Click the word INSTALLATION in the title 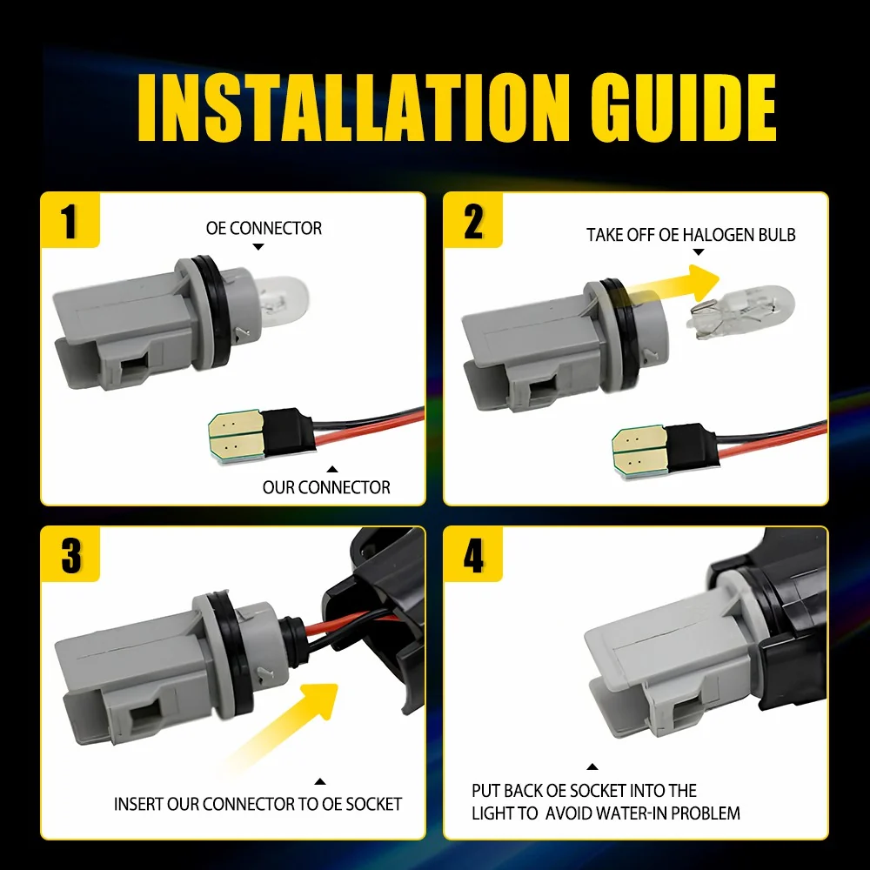pyautogui.click(x=353, y=107)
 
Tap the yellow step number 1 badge pyautogui.click(x=70, y=220)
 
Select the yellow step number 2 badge pyautogui.click(x=472, y=220)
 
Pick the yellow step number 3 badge pyautogui.click(x=70, y=554)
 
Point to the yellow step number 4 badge pyautogui.click(x=472, y=554)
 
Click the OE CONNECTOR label pyautogui.click(x=264, y=228)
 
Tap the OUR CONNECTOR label pyautogui.click(x=326, y=487)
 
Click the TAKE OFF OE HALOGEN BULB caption pyautogui.click(x=691, y=235)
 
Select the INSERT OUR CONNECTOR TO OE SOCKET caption pyautogui.click(x=258, y=804)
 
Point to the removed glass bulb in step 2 pyautogui.click(x=740, y=311)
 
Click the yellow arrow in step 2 pyautogui.click(x=673, y=285)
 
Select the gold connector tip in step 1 pyautogui.click(x=236, y=436)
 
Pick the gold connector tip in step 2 pyautogui.click(x=639, y=451)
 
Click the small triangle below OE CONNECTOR pyautogui.click(x=258, y=247)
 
